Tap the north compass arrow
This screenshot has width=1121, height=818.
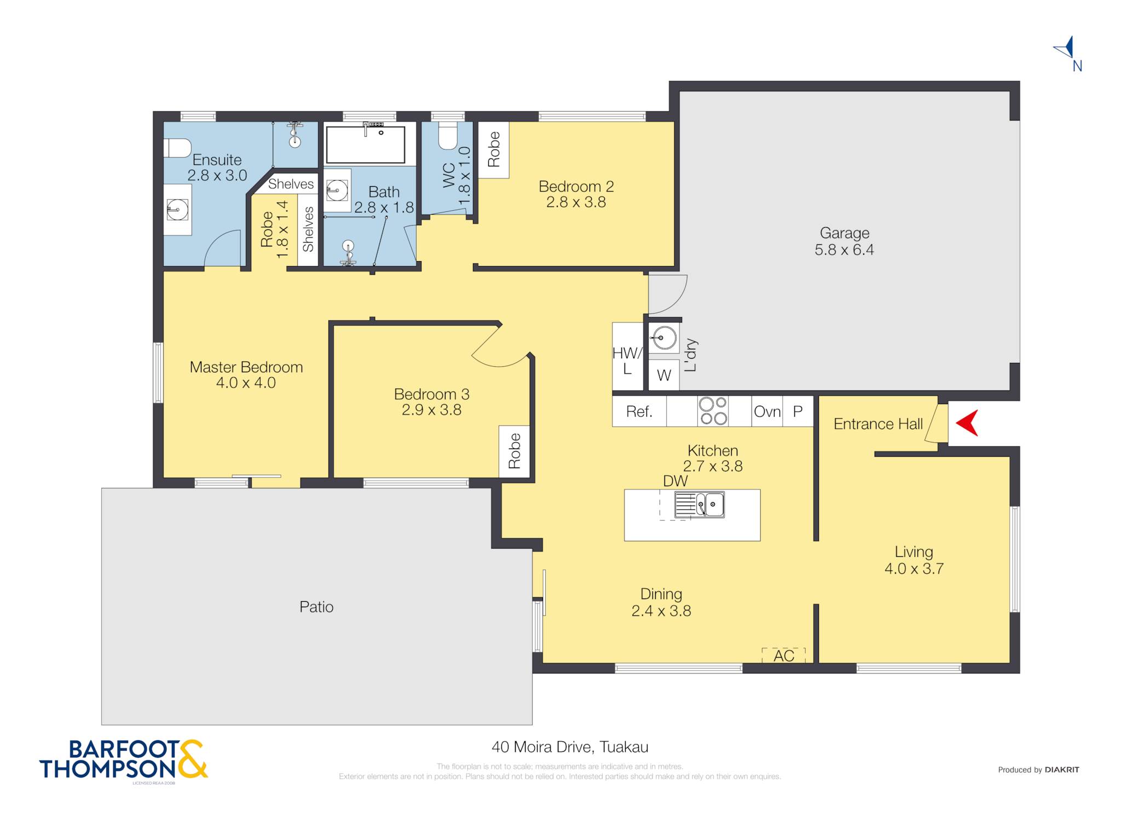[1065, 48]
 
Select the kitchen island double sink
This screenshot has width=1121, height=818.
[699, 505]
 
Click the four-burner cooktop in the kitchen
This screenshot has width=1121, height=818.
[713, 411]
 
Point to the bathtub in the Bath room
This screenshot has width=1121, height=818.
[366, 145]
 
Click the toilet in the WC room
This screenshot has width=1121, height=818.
[448, 135]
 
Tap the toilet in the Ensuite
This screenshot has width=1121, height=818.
[177, 148]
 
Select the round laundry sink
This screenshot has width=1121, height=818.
[664, 338]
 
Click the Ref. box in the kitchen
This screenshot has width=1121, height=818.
[639, 411]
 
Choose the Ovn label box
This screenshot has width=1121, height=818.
[767, 411]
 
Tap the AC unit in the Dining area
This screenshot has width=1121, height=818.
[783, 655]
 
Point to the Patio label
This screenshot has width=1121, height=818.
[316, 607]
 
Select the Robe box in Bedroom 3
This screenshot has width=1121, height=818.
[515, 451]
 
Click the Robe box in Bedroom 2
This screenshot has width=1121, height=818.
[494, 149]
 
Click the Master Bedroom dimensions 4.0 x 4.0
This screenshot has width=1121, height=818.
[246, 383]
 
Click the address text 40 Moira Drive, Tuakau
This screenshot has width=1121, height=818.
[570, 747]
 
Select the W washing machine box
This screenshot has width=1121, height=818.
[664, 375]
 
